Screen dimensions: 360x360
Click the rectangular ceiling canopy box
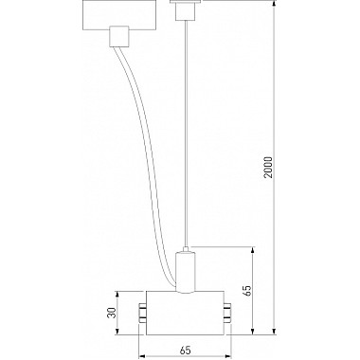pyautogui.click(x=117, y=14)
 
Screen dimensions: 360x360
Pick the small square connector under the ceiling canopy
pyautogui.click(x=118, y=37)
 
